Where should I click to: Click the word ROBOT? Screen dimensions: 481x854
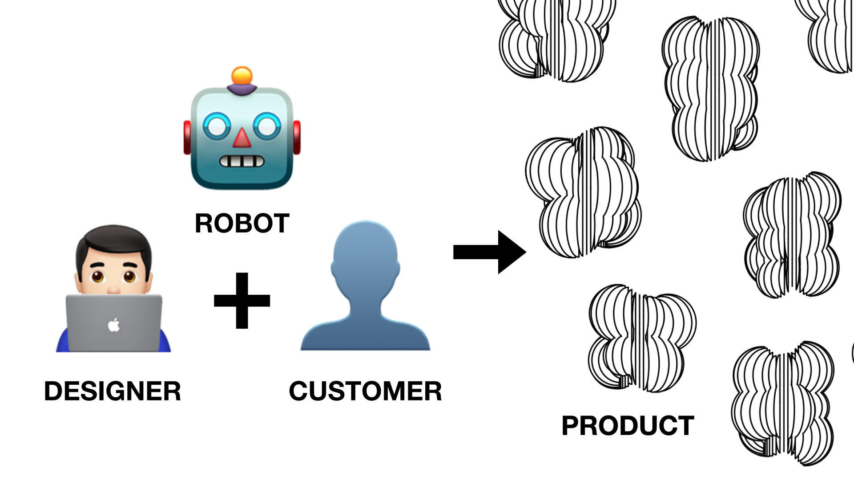pyautogui.click(x=242, y=223)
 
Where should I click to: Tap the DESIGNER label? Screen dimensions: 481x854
pyautogui.click(x=113, y=391)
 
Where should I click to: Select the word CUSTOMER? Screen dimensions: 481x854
pyautogui.click(x=365, y=391)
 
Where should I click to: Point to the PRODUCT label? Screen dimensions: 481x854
pyautogui.click(x=628, y=425)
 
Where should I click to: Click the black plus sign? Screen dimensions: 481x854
pyautogui.click(x=242, y=301)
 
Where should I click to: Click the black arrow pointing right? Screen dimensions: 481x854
pyautogui.click(x=489, y=252)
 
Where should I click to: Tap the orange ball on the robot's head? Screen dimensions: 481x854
pyautogui.click(x=242, y=76)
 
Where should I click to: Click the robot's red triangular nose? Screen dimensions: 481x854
pyautogui.click(x=242, y=138)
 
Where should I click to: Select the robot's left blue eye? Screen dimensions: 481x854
pyautogui.click(x=217, y=126)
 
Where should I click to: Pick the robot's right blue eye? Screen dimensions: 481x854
pyautogui.click(x=267, y=126)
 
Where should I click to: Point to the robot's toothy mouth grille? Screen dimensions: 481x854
pyautogui.click(x=242, y=161)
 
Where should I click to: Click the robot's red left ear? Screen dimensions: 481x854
pyautogui.click(x=187, y=137)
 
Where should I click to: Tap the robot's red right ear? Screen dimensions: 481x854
pyautogui.click(x=297, y=137)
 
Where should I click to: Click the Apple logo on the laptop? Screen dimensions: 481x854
pyautogui.click(x=114, y=325)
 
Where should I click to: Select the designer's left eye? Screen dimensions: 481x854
pyautogui.click(x=97, y=277)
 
